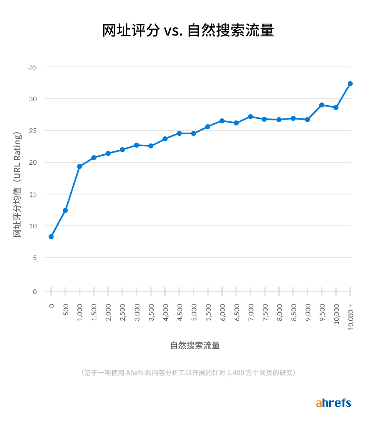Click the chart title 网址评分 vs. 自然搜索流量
point(188,31)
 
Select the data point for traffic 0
point(51,237)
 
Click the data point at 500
point(65,210)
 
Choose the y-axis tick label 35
point(33,67)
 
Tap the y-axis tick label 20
point(33,162)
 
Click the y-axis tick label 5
point(35,258)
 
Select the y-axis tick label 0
point(35,291)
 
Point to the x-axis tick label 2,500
point(123,312)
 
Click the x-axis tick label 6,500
point(237,312)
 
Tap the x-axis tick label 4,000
point(165,312)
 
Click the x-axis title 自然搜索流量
point(195,345)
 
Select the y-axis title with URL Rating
point(17,184)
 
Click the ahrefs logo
point(333,403)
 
